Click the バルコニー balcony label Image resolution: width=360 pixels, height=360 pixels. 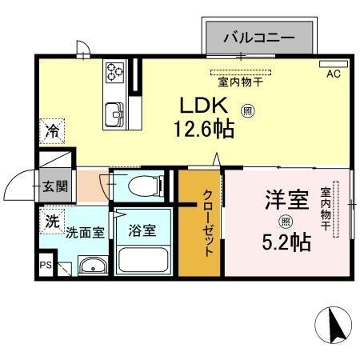258,37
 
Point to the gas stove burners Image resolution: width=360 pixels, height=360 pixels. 114,74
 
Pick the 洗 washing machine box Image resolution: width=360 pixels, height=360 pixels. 51,221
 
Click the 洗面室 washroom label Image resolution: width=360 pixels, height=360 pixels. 84,232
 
